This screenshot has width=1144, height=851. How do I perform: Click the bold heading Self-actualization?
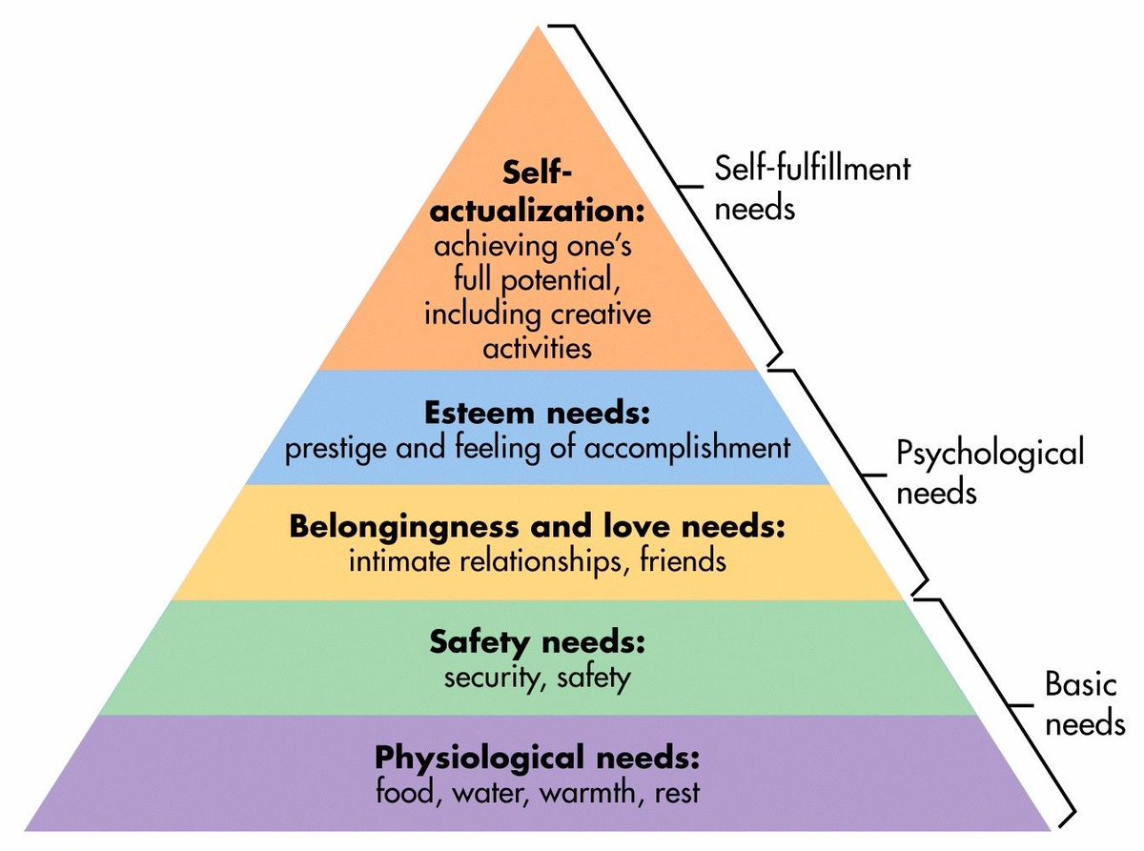(x=538, y=192)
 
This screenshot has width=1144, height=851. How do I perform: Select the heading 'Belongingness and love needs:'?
(x=538, y=526)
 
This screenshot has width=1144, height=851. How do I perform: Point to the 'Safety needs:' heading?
(x=538, y=642)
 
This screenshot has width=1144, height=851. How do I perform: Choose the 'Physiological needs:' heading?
(x=538, y=759)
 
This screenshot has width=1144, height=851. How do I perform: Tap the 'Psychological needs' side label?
(x=991, y=472)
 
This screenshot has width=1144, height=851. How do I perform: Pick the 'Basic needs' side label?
(x=1083, y=703)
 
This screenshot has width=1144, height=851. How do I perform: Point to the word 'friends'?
(x=681, y=560)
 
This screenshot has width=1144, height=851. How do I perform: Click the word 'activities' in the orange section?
(x=537, y=347)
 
